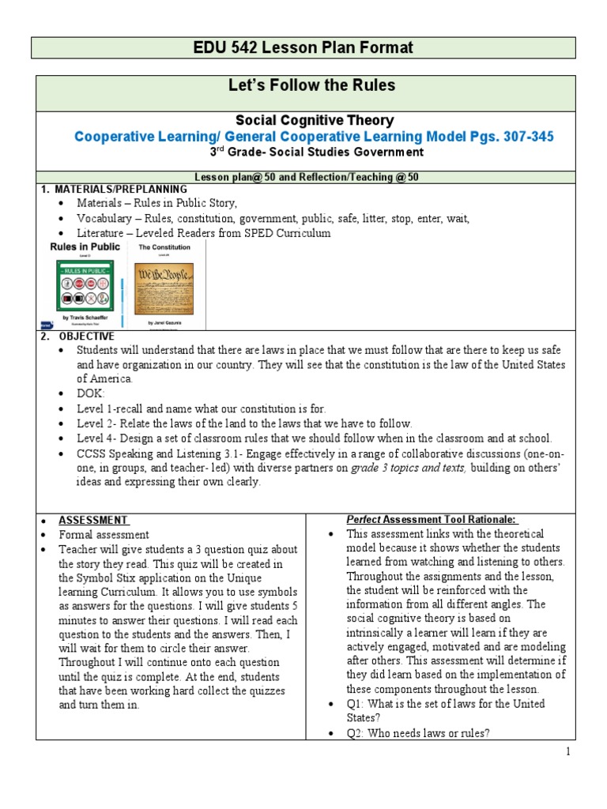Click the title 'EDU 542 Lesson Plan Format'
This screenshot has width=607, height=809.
point(303,48)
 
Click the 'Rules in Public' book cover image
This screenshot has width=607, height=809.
point(85,284)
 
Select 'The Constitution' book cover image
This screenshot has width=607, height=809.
point(165,284)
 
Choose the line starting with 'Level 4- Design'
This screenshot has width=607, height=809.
point(315,438)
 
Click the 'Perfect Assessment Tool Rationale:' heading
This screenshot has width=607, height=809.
point(432,519)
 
